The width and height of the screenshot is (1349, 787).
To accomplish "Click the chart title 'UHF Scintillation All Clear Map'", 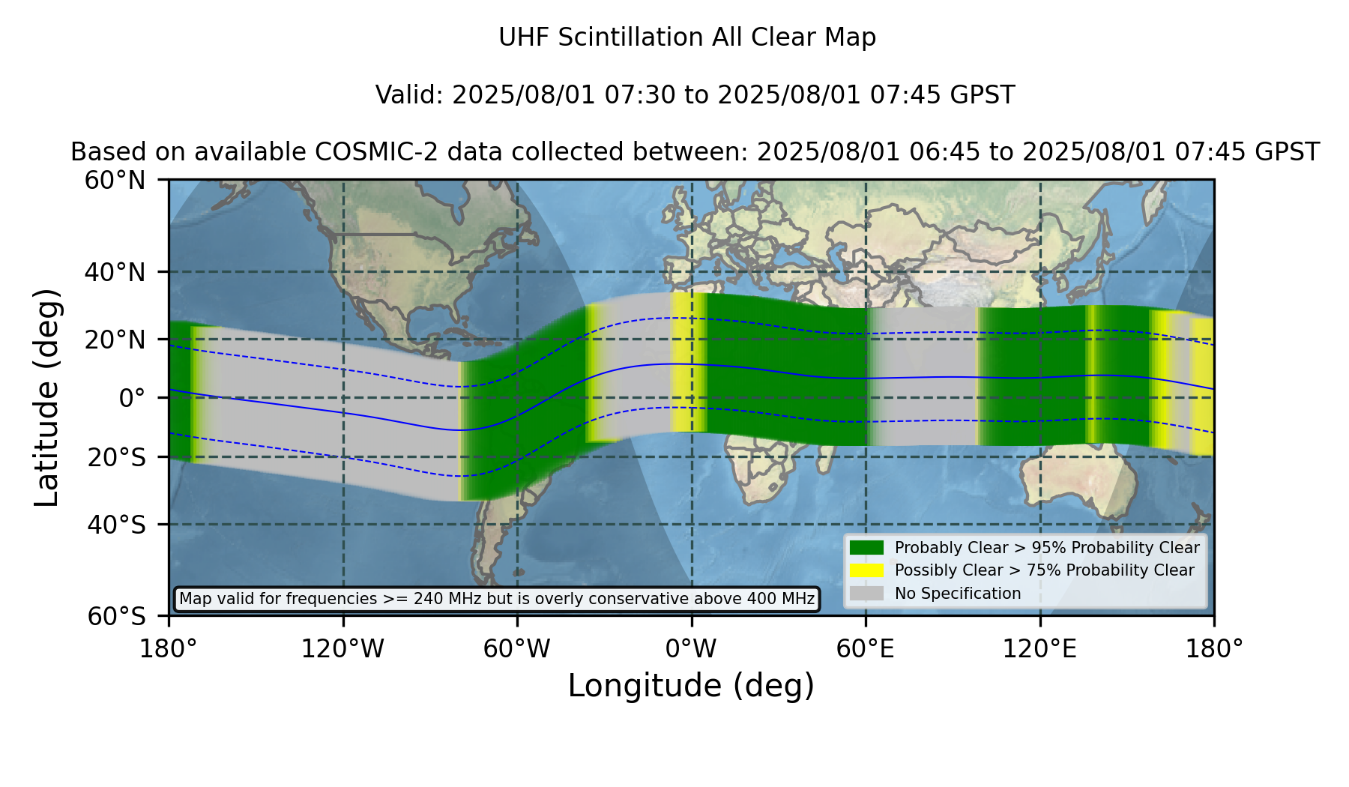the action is click(x=687, y=37).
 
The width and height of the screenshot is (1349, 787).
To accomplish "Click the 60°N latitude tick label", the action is click(x=115, y=181).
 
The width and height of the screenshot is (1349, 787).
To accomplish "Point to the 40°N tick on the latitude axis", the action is click(x=115, y=272).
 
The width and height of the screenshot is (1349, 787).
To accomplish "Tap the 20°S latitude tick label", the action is click(x=117, y=457).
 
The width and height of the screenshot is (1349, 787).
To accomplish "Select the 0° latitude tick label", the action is click(x=132, y=398).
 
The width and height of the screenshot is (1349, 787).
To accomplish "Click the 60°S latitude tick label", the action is click(x=117, y=617).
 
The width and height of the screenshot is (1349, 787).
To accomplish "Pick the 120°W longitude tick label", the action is click(x=342, y=649).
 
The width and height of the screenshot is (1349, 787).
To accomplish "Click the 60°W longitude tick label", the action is click(x=517, y=649).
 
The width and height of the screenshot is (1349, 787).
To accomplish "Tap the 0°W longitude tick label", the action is click(x=691, y=649).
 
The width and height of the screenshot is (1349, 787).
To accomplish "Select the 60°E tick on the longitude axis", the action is click(x=866, y=649).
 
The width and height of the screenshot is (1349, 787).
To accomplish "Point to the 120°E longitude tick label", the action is click(x=1040, y=649).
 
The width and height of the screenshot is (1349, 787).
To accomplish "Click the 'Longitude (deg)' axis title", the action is click(x=691, y=686).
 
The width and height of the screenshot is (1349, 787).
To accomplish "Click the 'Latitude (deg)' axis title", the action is click(x=46, y=397).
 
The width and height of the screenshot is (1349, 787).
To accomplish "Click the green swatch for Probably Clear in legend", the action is click(x=866, y=548).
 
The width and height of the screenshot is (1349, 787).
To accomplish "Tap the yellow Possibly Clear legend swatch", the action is click(x=866, y=570).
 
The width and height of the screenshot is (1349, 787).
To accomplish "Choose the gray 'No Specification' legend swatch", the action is click(x=866, y=594).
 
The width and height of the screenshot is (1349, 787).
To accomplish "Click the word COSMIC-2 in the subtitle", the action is click(x=366, y=152).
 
